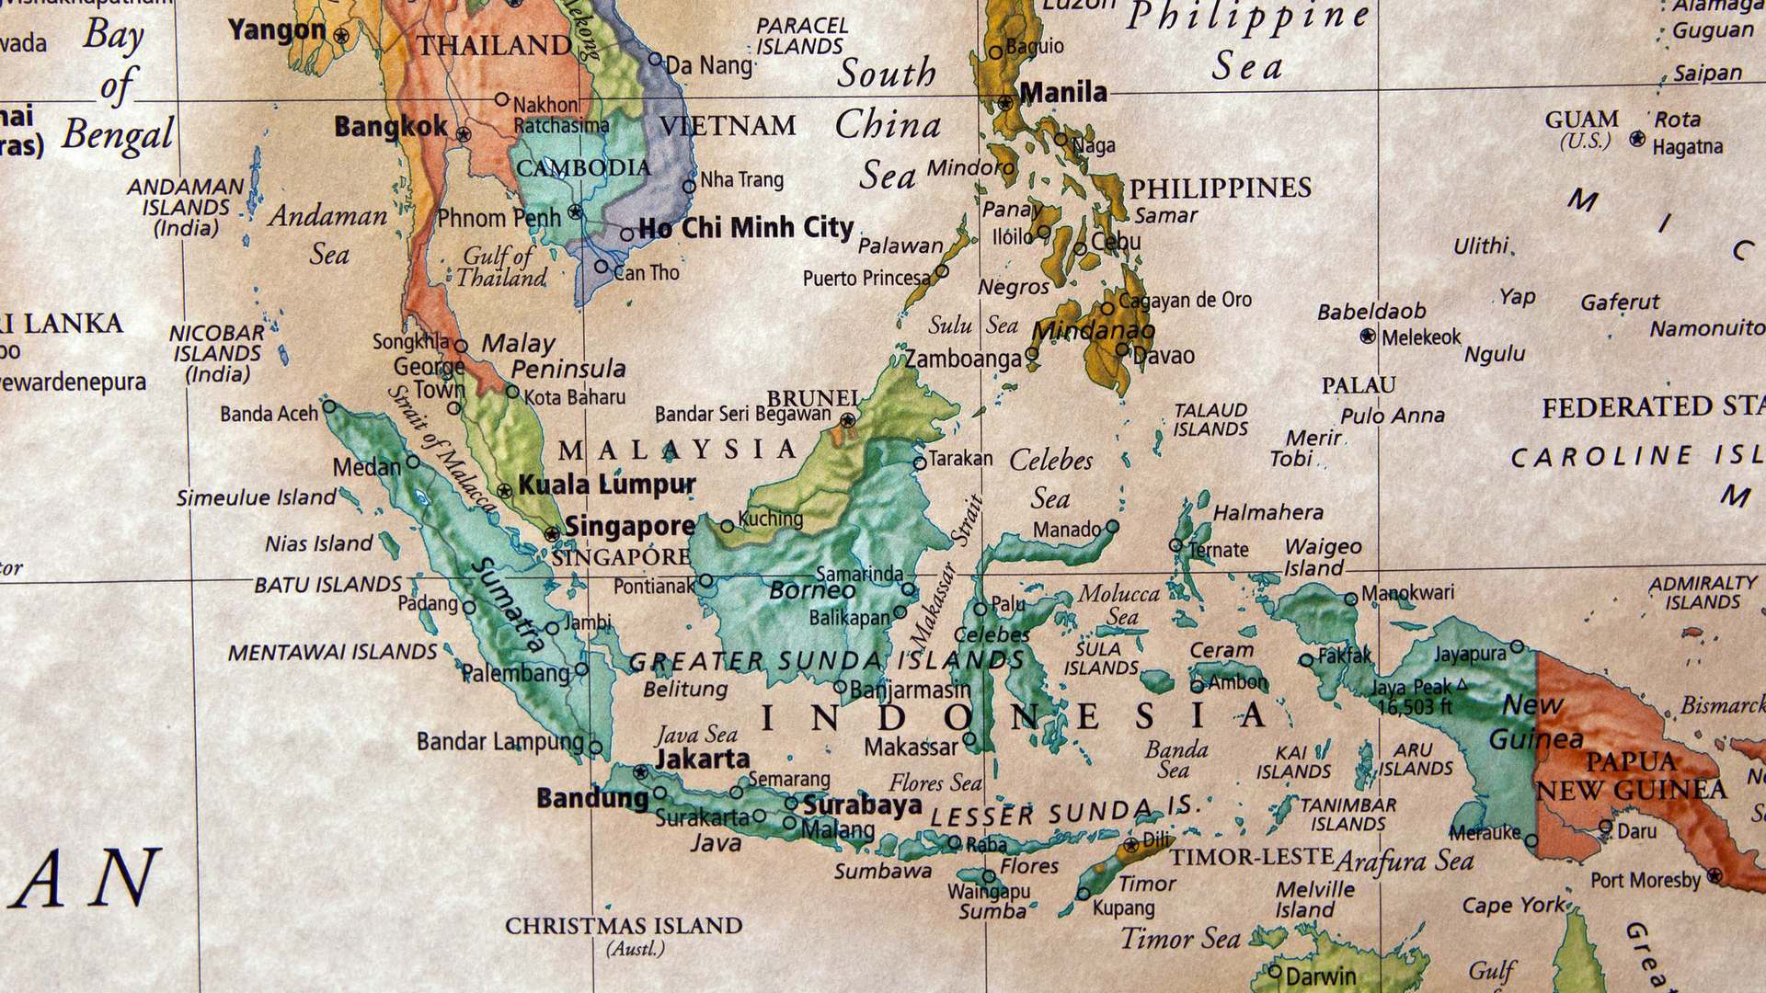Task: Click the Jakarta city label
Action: coord(702,759)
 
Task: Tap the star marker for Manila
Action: coord(1005,102)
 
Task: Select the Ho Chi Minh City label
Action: coord(746,227)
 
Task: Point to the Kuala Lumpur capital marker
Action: coord(504,491)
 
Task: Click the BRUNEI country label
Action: coord(813,398)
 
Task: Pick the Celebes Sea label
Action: coord(1050,479)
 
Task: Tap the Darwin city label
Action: coord(1320,976)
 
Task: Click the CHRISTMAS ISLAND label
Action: coord(624,926)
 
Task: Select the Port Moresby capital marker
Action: coord(1714,875)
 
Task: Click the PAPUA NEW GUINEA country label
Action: coord(1631,776)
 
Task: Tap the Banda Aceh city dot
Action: coord(329,405)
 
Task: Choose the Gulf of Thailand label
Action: coord(501,267)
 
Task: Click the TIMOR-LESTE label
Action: coord(1251,857)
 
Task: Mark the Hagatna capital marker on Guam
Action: coord(1637,139)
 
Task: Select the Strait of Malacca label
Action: coord(442,448)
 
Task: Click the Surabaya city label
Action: coord(862,805)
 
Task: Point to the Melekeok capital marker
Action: coord(1368,337)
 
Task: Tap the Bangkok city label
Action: coord(391,126)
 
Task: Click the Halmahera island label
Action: coord(1267,512)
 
